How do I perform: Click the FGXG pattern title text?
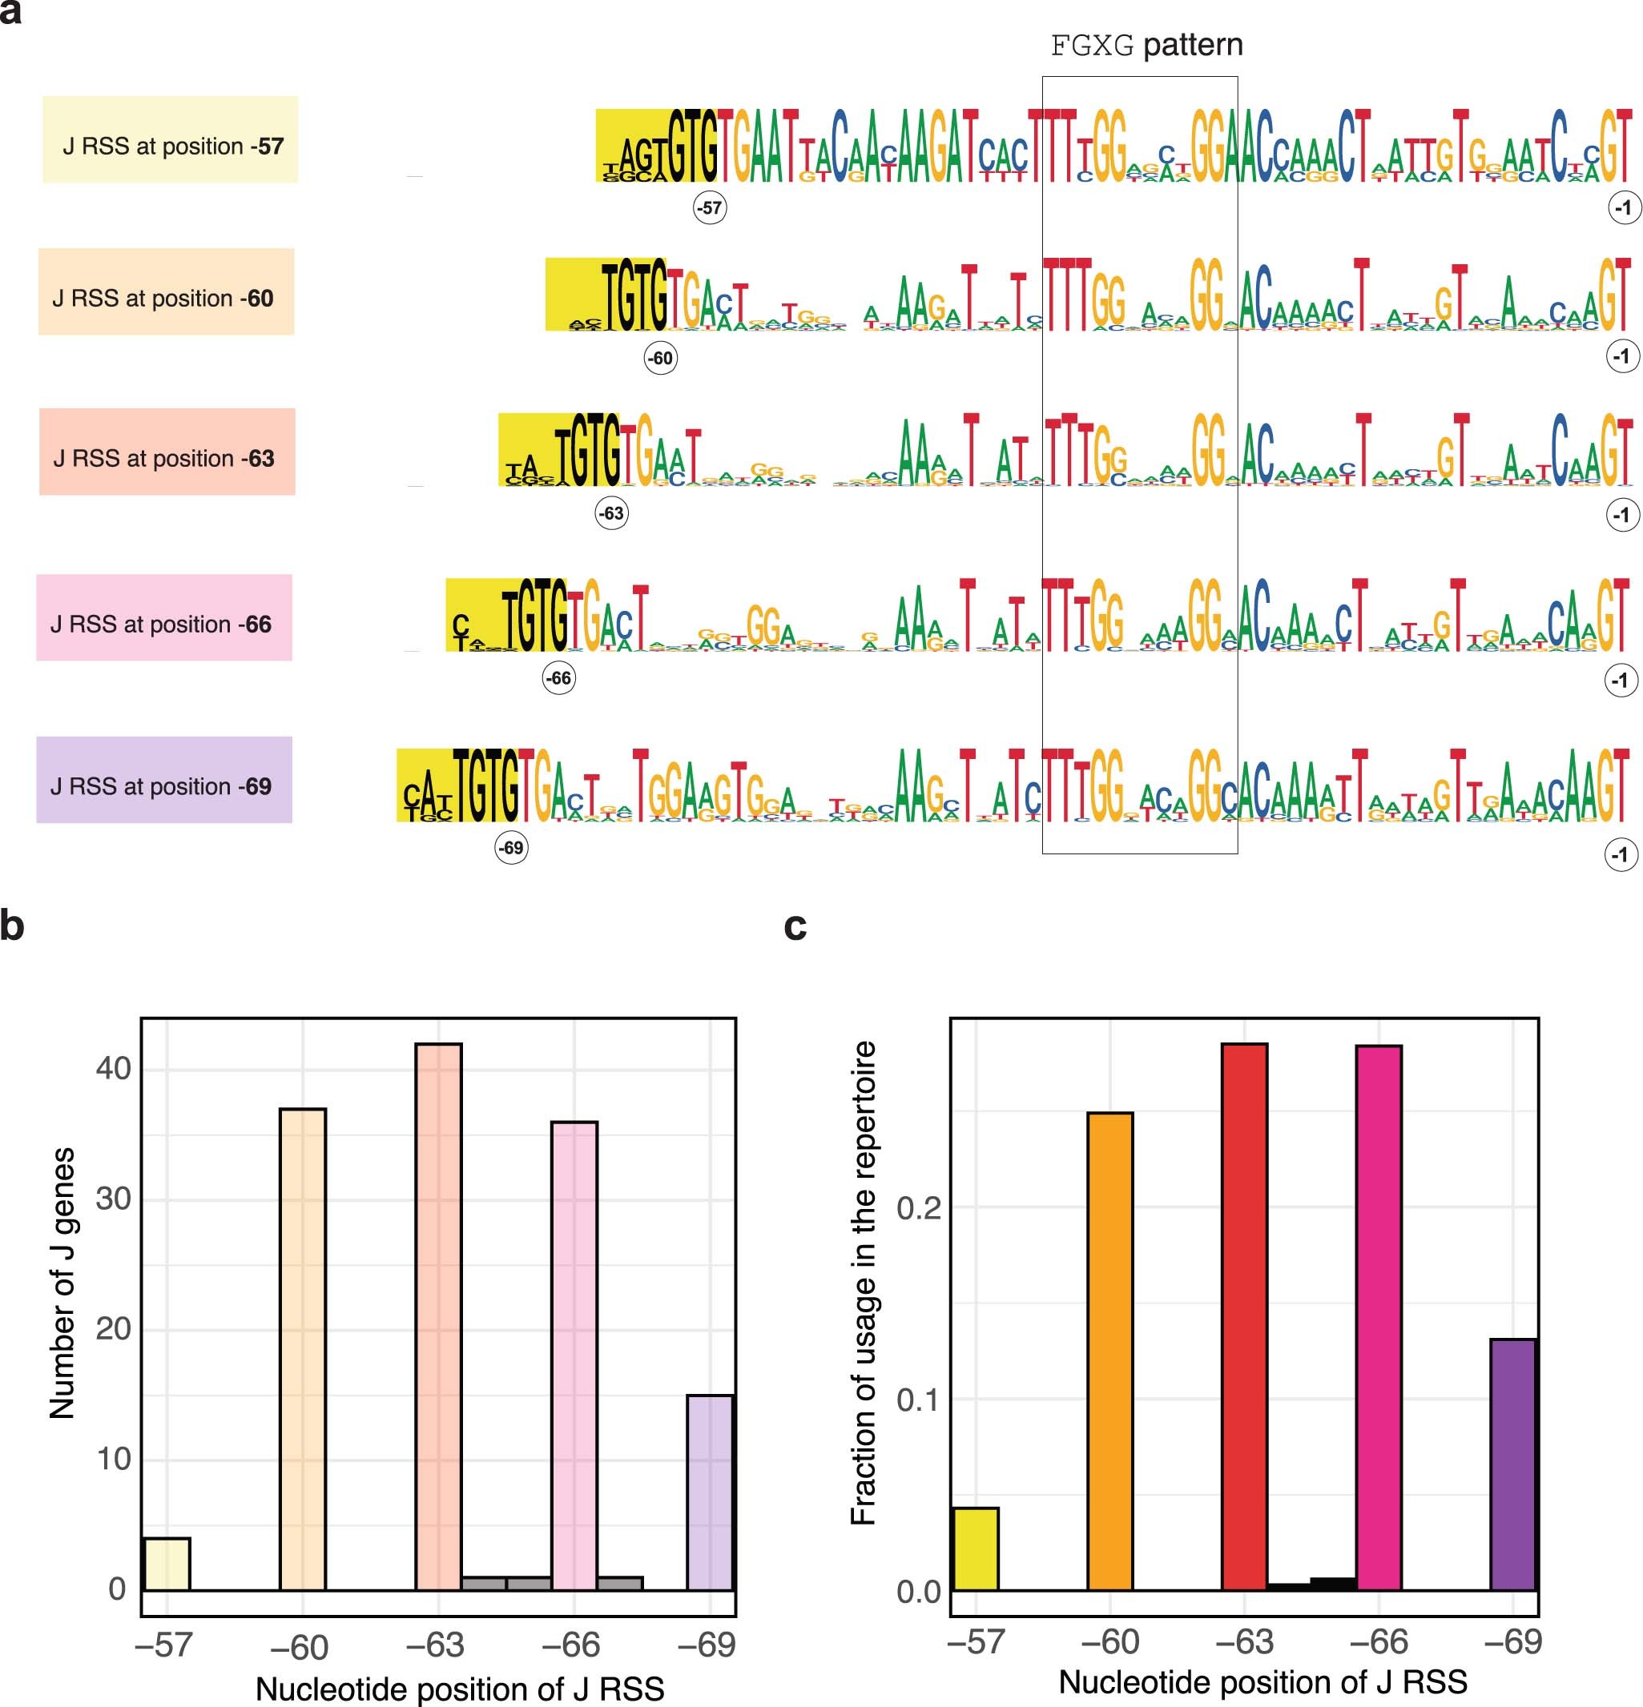pos(1146,44)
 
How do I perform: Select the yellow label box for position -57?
pos(171,139)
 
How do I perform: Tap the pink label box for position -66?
pos(163,617)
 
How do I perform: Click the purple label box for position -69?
pos(163,780)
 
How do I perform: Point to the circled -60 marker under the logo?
pos(660,358)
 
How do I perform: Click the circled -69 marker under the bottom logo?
pos(511,847)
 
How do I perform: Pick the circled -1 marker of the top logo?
pos(1624,208)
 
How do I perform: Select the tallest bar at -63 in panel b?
pos(438,1315)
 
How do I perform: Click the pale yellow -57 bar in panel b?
pos(167,1564)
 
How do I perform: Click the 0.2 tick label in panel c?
pos(918,1208)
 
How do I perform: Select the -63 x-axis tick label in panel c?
pos(1244,1641)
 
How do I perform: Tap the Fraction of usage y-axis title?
pos(863,1282)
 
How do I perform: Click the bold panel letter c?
pos(795,926)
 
